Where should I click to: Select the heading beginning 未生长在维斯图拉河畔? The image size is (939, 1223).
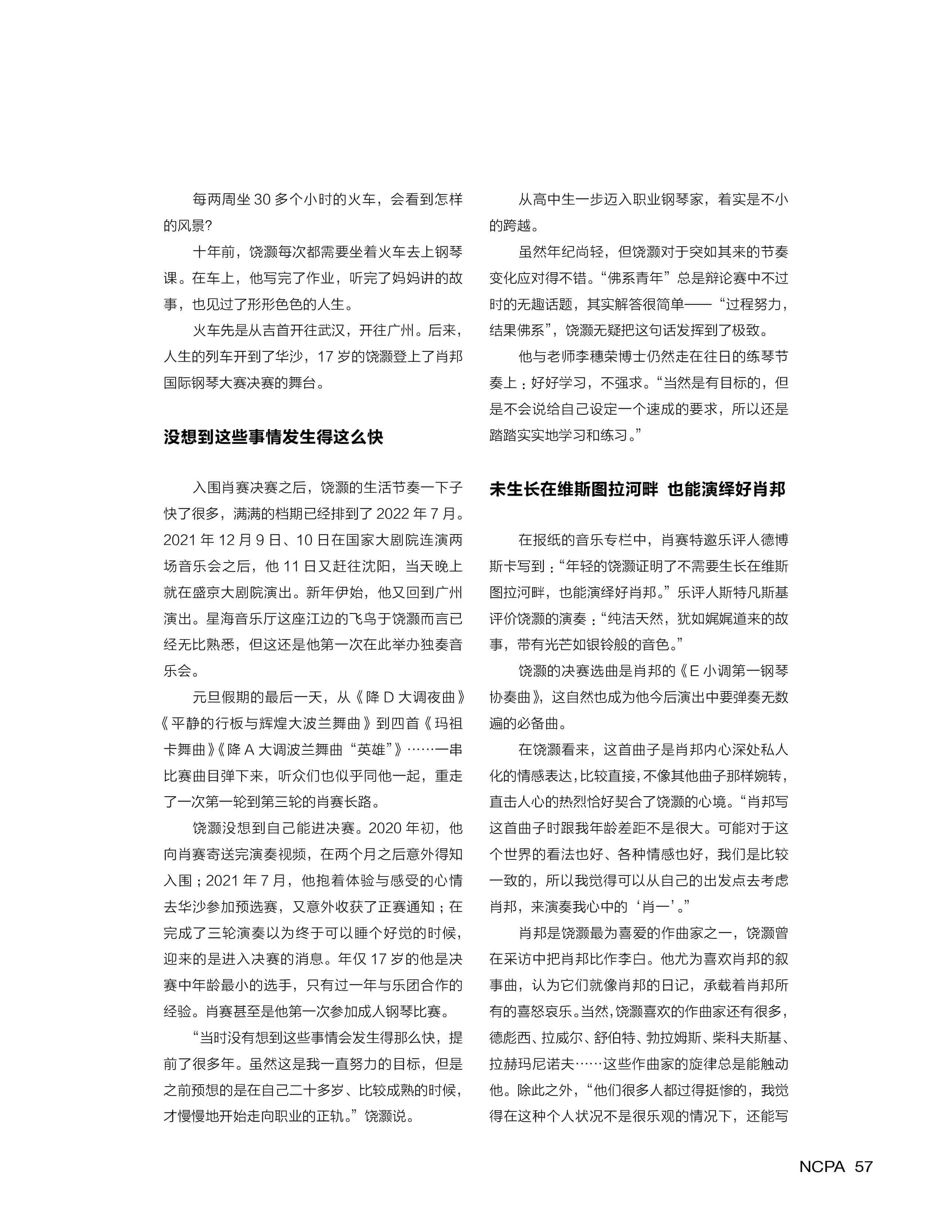[x=638, y=489]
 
